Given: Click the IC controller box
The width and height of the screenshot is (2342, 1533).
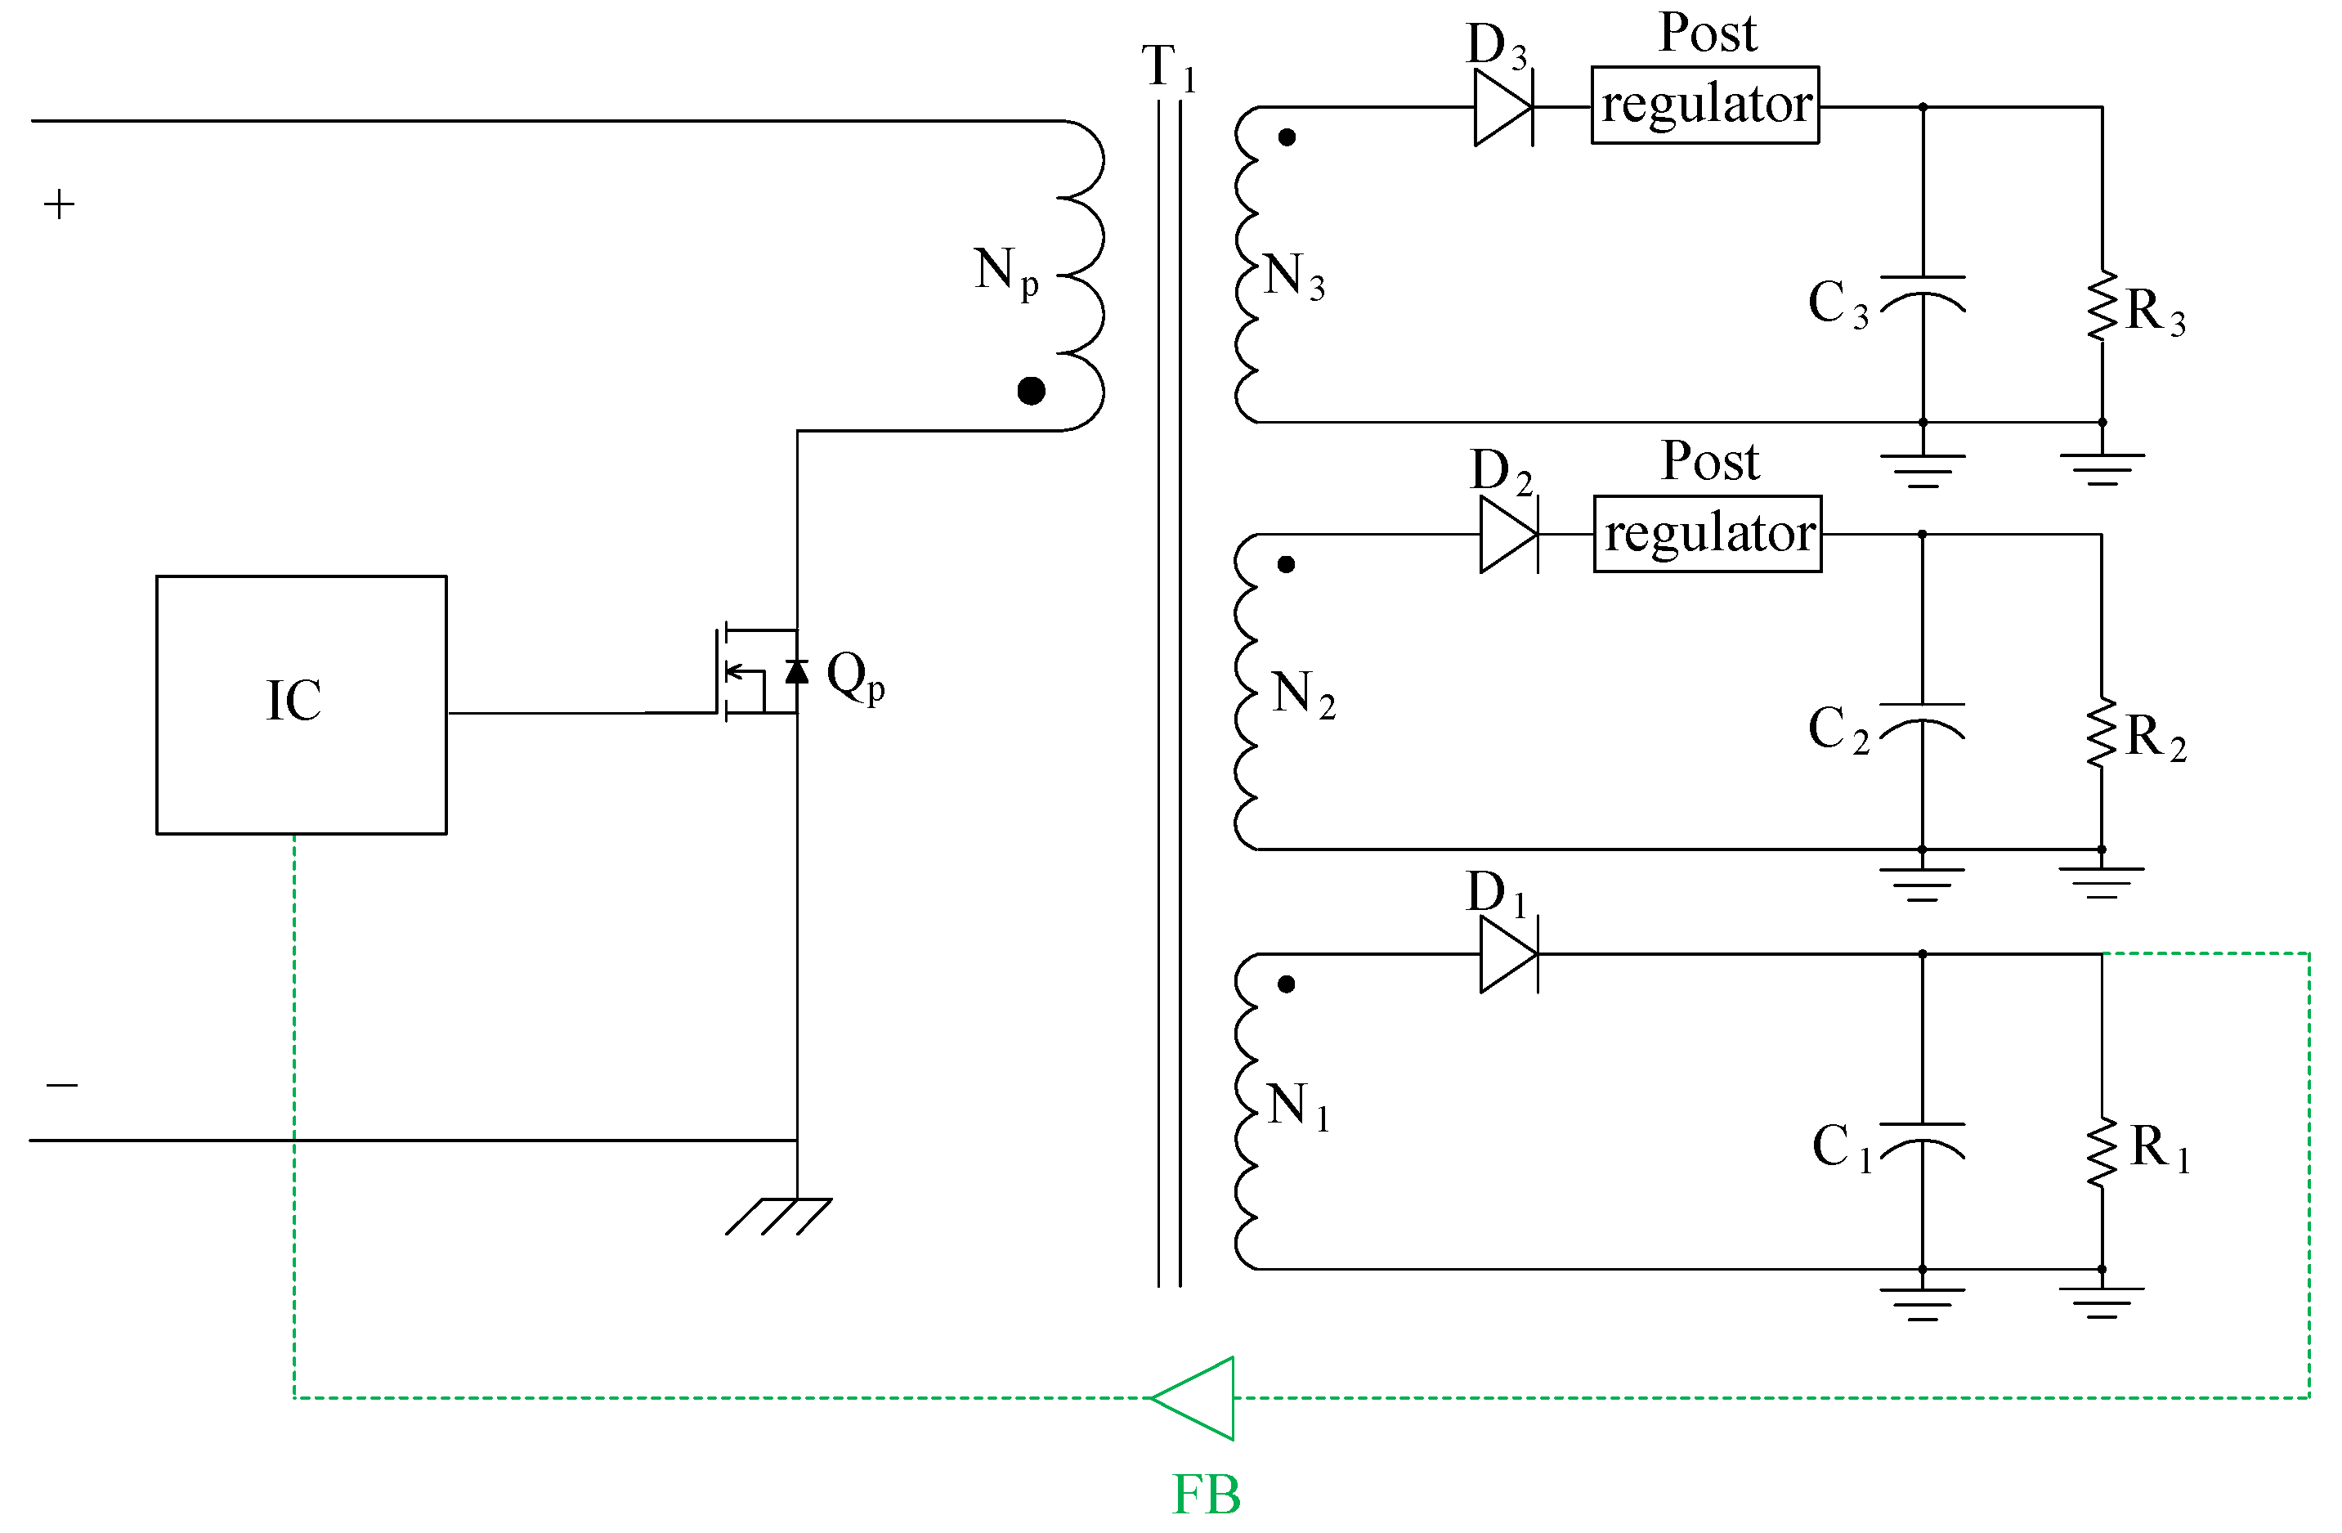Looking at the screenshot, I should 301,705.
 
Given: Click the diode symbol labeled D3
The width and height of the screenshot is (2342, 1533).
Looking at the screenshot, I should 1503,107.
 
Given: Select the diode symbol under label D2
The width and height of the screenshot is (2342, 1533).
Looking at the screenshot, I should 1508,534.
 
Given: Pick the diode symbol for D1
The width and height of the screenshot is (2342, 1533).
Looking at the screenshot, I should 1508,954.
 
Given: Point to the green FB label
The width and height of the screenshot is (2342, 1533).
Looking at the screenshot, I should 1207,1495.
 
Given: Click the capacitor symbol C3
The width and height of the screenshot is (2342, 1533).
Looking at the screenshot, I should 1923,294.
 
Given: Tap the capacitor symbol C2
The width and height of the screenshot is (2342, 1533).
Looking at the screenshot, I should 1922,721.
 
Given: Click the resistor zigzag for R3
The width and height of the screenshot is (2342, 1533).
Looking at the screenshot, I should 2102,307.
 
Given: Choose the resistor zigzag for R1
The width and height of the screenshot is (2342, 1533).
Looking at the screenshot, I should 2102,1152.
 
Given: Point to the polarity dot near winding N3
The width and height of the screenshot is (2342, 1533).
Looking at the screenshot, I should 1287,137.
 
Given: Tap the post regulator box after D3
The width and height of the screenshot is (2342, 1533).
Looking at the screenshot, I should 1705,105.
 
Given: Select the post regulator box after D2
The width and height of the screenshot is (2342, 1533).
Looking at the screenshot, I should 1708,534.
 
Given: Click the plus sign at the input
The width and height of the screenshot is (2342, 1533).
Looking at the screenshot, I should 59,204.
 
